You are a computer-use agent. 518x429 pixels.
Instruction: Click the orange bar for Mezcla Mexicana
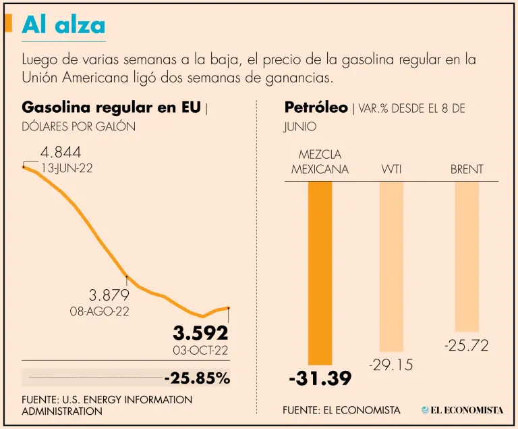coord(320,273)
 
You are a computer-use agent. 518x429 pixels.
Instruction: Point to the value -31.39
coord(320,379)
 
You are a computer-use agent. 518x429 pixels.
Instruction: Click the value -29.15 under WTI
coord(391,365)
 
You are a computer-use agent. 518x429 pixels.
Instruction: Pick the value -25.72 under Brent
coord(466,346)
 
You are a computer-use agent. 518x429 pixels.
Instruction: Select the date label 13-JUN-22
coord(67,169)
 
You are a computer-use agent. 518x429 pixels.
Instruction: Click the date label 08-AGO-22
coord(99,311)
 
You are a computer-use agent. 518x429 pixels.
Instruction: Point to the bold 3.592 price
coord(200,333)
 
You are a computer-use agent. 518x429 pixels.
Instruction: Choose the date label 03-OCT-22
coord(200,350)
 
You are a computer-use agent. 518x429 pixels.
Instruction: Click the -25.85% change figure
coord(196,378)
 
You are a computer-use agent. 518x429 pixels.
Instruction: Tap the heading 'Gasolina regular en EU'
coord(111,107)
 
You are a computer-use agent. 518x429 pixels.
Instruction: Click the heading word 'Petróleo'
coord(316,107)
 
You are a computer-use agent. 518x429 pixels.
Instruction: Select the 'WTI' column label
coord(391,169)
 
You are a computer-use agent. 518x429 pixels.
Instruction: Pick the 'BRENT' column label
coord(467,169)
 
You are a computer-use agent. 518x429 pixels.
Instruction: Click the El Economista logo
coord(462,410)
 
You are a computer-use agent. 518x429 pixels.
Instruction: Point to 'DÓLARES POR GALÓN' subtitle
coord(78,126)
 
